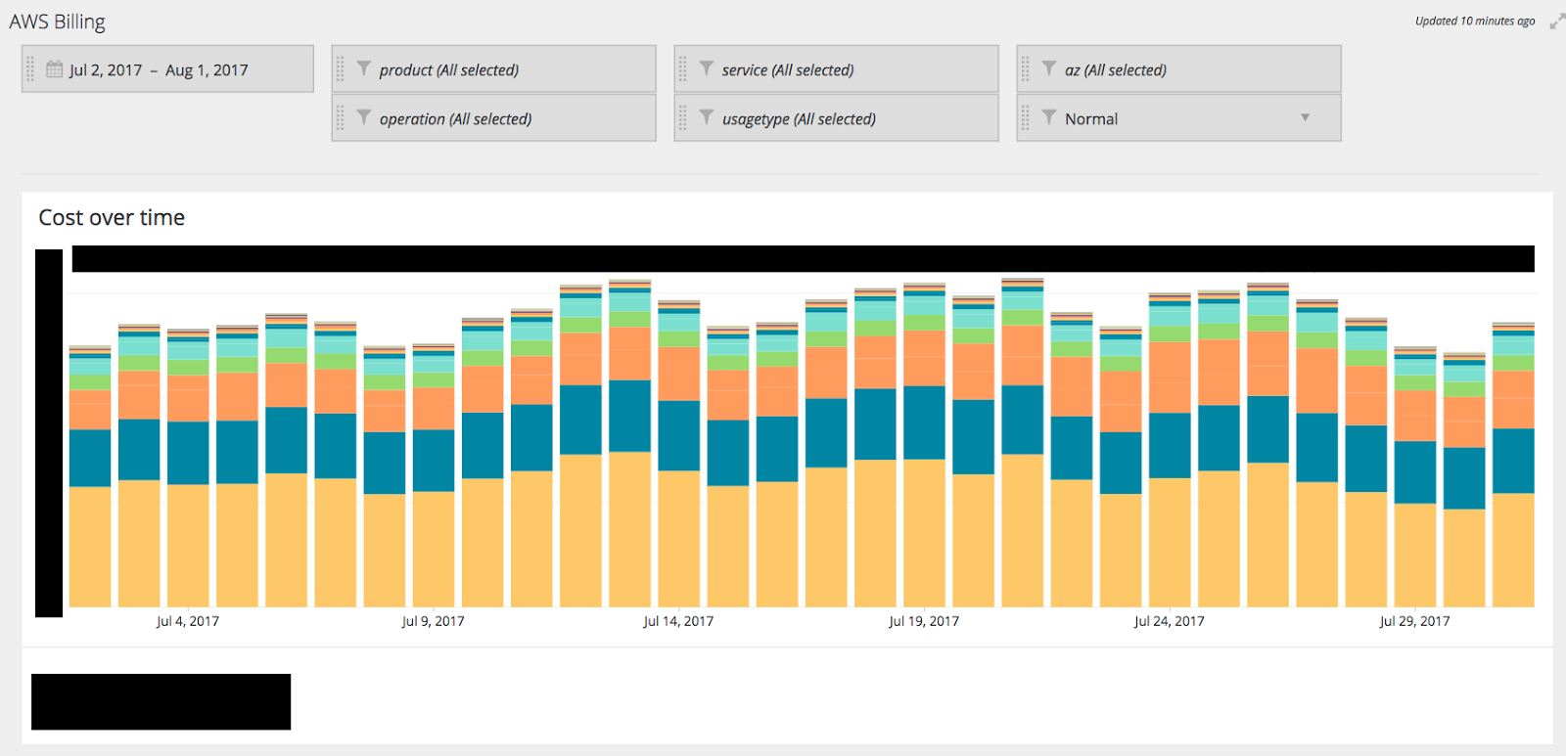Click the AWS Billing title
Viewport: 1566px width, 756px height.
click(58, 22)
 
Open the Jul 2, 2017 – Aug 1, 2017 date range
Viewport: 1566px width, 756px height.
click(159, 70)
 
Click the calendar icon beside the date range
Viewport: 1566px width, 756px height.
click(55, 69)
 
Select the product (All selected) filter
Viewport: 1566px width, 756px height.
click(449, 70)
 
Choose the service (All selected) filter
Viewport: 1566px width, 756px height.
click(788, 70)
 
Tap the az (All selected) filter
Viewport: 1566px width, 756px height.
click(1116, 70)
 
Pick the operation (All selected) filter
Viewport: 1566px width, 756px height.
click(455, 119)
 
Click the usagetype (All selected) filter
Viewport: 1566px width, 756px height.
click(799, 119)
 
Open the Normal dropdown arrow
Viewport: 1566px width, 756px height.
click(1305, 118)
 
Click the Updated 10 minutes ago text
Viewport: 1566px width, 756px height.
click(1474, 22)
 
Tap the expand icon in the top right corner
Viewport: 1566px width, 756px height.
click(1556, 22)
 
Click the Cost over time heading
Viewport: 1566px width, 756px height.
click(112, 218)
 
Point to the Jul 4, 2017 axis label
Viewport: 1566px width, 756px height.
click(188, 621)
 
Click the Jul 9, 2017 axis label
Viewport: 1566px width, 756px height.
click(433, 621)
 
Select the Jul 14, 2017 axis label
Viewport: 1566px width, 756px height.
click(678, 621)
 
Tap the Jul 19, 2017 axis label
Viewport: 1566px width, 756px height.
click(924, 621)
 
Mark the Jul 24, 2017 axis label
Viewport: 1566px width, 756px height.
click(1169, 621)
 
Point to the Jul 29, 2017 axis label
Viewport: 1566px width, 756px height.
click(1414, 621)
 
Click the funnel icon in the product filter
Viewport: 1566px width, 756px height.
click(364, 68)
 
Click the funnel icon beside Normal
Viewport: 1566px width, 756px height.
click(1049, 117)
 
